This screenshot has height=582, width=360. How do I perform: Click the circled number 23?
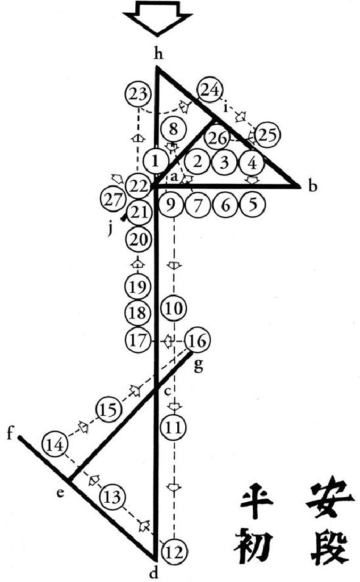click(x=138, y=95)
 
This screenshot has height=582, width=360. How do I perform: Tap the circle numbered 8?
click(x=173, y=130)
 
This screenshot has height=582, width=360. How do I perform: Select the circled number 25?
click(x=267, y=136)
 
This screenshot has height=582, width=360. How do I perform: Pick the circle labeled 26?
click(x=218, y=138)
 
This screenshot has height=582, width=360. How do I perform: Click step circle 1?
click(x=156, y=161)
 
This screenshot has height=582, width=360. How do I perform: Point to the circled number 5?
click(x=253, y=204)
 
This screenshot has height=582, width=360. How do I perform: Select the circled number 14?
click(x=55, y=444)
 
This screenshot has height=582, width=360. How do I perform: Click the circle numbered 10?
click(x=174, y=309)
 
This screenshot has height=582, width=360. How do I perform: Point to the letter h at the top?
click(x=159, y=54)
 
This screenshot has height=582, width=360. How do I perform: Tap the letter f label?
click(x=11, y=433)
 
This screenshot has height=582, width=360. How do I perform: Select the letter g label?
click(x=199, y=365)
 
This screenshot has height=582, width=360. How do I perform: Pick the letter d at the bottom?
click(x=154, y=573)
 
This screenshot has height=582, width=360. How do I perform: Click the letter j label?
click(x=110, y=230)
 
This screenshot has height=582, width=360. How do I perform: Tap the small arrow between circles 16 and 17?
click(x=168, y=341)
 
